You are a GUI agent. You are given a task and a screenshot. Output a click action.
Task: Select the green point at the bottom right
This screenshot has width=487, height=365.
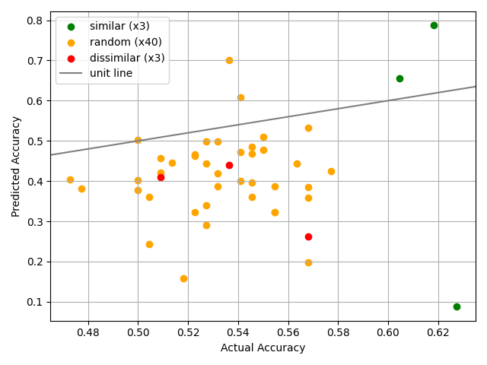click(457, 306)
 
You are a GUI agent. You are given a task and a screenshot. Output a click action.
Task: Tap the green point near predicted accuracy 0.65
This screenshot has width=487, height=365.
click(399, 78)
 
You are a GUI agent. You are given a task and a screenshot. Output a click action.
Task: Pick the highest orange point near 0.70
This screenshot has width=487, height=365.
click(229, 60)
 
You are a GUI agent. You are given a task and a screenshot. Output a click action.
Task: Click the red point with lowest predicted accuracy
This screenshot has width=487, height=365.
click(308, 236)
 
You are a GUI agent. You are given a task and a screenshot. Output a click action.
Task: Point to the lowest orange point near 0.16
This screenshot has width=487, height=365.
click(183, 278)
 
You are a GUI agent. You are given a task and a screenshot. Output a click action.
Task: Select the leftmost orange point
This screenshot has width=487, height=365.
click(70, 180)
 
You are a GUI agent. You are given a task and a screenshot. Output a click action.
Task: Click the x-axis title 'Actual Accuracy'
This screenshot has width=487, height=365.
click(263, 348)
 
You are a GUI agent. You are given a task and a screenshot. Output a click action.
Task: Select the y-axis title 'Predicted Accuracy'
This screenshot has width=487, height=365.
click(16, 166)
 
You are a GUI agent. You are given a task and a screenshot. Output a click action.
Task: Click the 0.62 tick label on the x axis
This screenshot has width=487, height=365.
click(438, 332)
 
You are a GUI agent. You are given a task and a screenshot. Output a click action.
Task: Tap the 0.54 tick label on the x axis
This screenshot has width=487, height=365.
click(238, 332)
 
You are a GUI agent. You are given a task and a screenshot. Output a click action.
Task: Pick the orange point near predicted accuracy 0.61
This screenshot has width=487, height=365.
click(240, 97)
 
